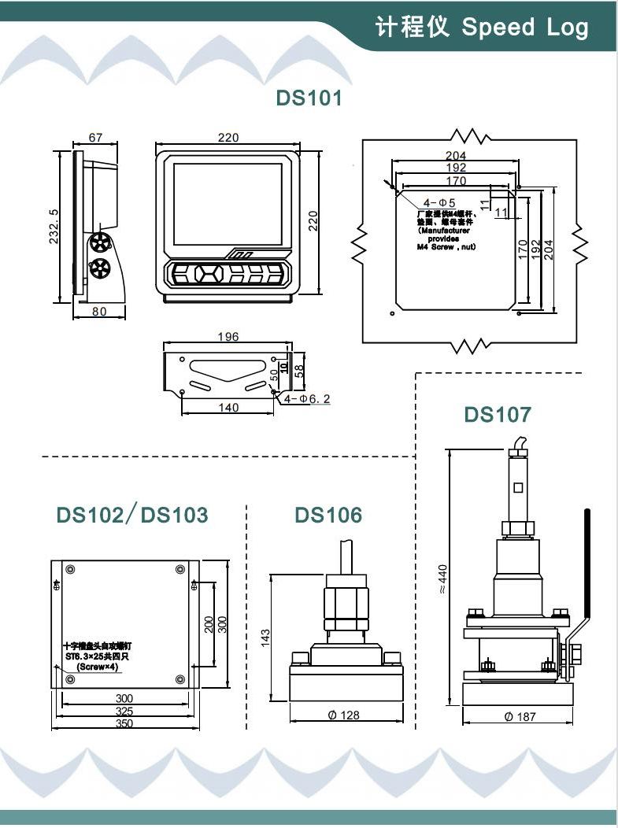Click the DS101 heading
click(x=309, y=98)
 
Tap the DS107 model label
click(x=497, y=414)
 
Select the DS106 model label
click(x=328, y=516)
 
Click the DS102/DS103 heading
click(x=132, y=516)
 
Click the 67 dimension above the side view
click(x=95, y=138)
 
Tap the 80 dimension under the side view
click(x=99, y=311)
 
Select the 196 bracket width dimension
click(x=227, y=337)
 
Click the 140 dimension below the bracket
click(x=228, y=408)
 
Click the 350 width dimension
click(x=124, y=723)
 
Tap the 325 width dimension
click(x=124, y=711)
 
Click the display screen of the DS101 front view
click(x=228, y=203)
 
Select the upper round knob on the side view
click(x=100, y=242)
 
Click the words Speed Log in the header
click(x=524, y=28)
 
